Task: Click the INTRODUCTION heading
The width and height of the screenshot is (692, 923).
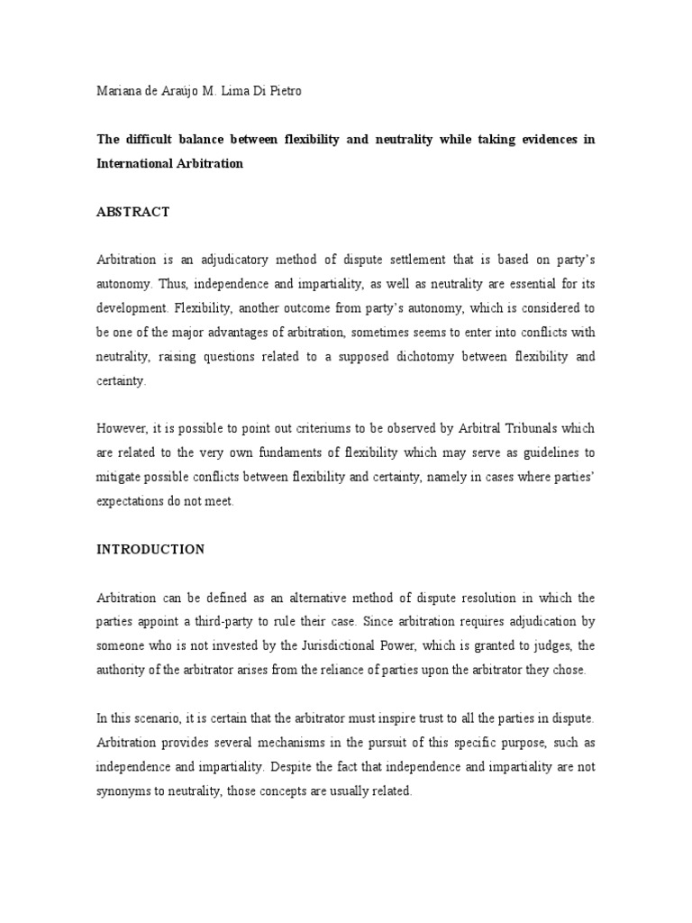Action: pyautogui.click(x=150, y=549)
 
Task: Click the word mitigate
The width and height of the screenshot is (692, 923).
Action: pyautogui.click(x=119, y=478)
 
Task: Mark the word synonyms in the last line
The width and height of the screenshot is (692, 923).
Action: pyautogui.click(x=125, y=790)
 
